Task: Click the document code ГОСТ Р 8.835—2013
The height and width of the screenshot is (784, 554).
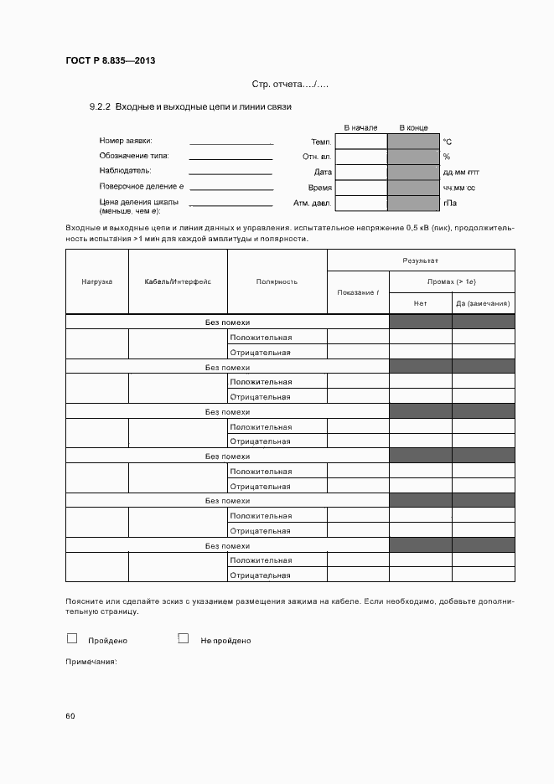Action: pos(111,60)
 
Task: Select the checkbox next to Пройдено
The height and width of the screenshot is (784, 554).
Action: pos(72,638)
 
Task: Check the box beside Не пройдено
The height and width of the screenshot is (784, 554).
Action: pos(183,638)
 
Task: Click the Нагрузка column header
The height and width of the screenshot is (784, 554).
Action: pos(96,281)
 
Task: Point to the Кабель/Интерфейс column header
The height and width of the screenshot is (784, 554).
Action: pos(178,281)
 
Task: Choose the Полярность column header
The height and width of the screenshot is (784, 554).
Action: pos(277,281)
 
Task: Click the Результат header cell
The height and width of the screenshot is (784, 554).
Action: pos(421,261)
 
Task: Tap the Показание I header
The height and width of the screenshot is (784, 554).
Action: pos(358,291)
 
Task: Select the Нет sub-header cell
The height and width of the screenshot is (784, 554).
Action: pos(421,302)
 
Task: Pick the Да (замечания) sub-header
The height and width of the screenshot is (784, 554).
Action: pos(484,302)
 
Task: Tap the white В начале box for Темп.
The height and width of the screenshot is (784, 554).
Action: pos(360,142)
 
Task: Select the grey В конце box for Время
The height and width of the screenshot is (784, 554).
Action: pos(413,188)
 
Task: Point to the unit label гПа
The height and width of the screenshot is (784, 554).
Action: pos(449,203)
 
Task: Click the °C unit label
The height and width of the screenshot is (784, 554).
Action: pos(448,142)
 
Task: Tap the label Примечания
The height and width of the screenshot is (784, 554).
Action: pos(91,662)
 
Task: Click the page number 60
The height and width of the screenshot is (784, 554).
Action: pos(70,715)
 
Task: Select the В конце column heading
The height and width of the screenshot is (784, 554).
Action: pos(413,127)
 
